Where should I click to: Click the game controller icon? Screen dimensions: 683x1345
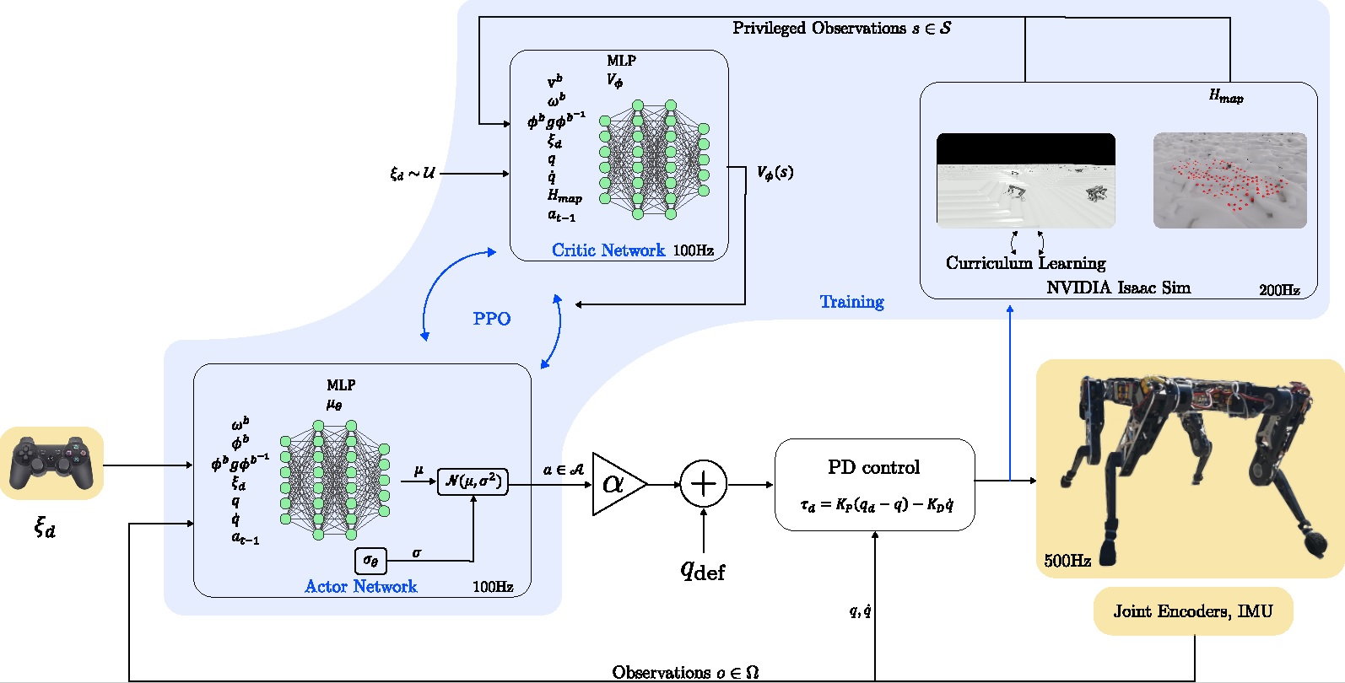point(51,463)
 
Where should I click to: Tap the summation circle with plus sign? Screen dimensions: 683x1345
point(703,484)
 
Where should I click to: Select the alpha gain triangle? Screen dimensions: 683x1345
point(616,484)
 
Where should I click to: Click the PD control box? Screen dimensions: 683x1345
point(874,484)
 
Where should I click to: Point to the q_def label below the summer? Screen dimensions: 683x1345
point(703,571)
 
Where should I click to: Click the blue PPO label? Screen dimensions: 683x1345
point(491,319)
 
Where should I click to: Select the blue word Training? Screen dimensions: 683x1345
point(851,302)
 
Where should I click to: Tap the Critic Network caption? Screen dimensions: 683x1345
point(608,250)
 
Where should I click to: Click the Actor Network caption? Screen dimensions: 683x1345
point(360,587)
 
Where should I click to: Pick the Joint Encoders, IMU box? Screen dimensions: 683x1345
point(1192,611)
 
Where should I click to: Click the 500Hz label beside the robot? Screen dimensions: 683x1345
point(1067,561)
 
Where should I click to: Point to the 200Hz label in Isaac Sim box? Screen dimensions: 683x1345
point(1279,290)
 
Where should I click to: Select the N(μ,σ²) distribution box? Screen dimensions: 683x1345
point(473,481)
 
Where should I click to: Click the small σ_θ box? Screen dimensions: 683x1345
point(370,560)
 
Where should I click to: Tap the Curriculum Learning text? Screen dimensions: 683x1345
point(1025,263)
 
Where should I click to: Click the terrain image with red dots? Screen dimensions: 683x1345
point(1229,180)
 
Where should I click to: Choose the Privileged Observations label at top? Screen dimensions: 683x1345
point(841,28)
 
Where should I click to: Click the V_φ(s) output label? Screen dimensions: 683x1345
point(775,173)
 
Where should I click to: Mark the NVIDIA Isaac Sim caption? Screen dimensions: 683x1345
point(1118,288)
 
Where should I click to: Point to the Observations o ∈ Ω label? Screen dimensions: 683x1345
point(685,672)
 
